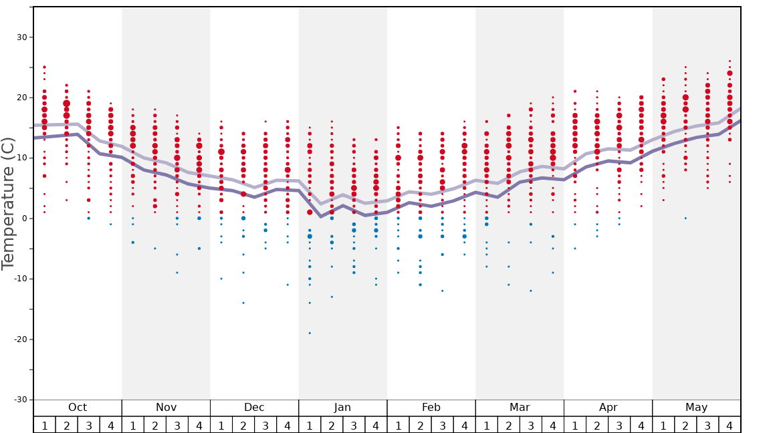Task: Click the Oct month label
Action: pyautogui.click(x=78, y=408)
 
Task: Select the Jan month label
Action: pyautogui.click(x=342, y=408)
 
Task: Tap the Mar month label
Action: pyautogui.click(x=520, y=408)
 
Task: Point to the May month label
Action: pyautogui.click(x=696, y=408)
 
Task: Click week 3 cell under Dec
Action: pyautogui.click(x=265, y=425)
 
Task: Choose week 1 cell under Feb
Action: pyautogui.click(x=398, y=425)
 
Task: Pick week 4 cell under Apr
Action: pyautogui.click(x=641, y=425)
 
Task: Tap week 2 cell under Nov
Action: pyautogui.click(x=155, y=425)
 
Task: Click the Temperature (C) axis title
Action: pyautogui.click(x=8, y=203)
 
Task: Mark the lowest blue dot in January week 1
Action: pyautogui.click(x=310, y=333)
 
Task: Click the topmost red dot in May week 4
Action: pyautogui.click(x=730, y=61)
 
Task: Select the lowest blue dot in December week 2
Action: pyautogui.click(x=243, y=303)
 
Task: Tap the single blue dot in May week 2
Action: pyautogui.click(x=685, y=218)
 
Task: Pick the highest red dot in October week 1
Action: pyautogui.click(x=44, y=67)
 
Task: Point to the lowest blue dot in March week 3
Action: pyautogui.click(x=531, y=291)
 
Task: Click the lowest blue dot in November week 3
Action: pyautogui.click(x=177, y=273)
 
